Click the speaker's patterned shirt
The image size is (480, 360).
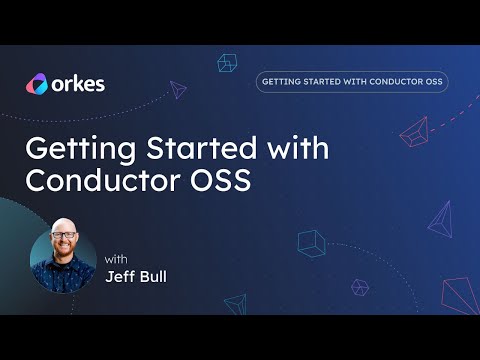pos(62,284)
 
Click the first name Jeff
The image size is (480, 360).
pos(121,276)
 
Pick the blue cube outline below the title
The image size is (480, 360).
pos(312,241)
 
